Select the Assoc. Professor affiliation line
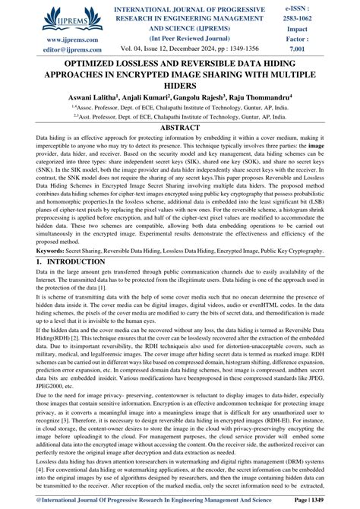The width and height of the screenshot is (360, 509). click(x=180, y=109)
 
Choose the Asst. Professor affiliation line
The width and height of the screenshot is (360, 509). click(x=180, y=118)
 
